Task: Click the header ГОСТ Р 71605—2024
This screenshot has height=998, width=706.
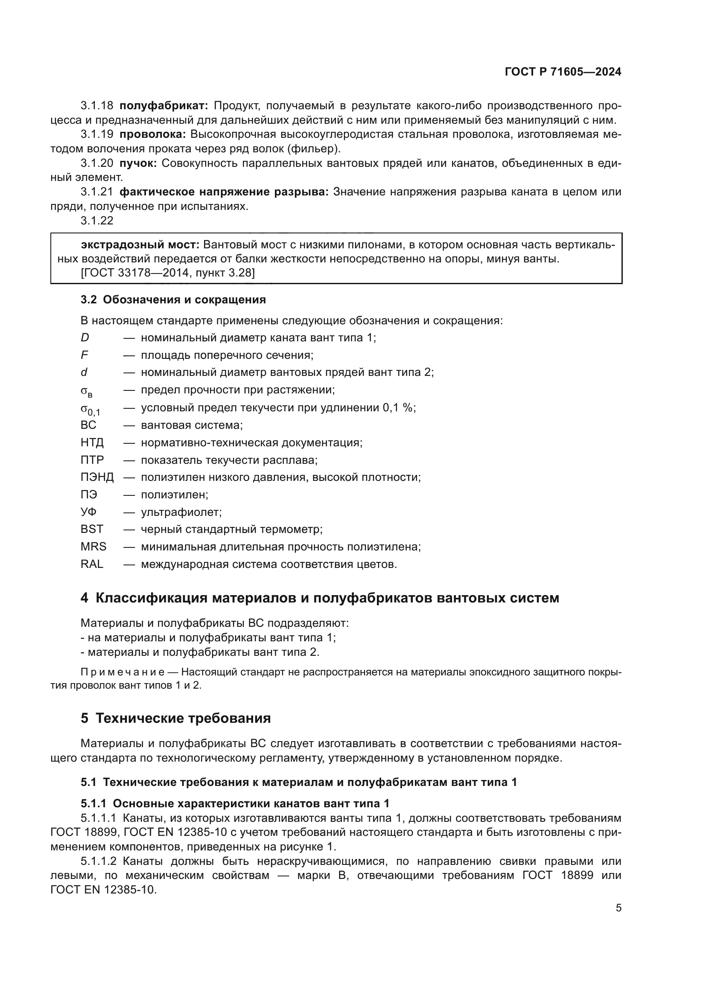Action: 563,72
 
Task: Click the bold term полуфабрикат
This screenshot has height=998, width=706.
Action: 163,106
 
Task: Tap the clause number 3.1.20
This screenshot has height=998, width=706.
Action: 97,163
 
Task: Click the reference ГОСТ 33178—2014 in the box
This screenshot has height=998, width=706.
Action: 136,273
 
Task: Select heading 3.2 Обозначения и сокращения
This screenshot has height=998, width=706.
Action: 173,300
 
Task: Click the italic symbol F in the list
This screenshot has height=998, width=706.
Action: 84,355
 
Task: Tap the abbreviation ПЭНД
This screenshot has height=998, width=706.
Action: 97,477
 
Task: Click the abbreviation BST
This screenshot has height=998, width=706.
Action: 92,529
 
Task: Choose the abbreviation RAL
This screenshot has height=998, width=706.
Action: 92,564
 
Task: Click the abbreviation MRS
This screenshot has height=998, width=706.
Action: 93,547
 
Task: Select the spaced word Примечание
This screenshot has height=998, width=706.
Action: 123,672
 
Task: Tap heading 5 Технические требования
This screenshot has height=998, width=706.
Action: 175,718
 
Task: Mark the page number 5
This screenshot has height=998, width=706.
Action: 618,908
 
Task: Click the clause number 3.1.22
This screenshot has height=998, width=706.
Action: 97,221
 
